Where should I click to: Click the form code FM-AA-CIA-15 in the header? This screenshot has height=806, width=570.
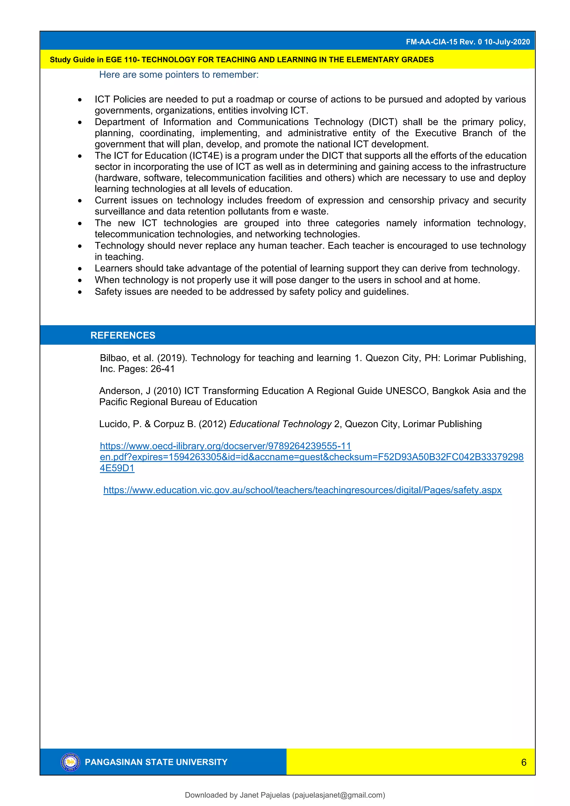pyautogui.click(x=431, y=42)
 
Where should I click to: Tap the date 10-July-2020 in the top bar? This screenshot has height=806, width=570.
pyautogui.click(x=507, y=42)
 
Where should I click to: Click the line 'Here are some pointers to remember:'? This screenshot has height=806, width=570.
pyautogui.click(x=179, y=75)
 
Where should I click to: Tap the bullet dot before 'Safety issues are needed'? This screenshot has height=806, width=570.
pyautogui.click(x=80, y=292)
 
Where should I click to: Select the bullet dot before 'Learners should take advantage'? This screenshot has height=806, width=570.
pyautogui.click(x=80, y=269)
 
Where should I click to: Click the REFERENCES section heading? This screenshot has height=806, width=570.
pyautogui.click(x=122, y=335)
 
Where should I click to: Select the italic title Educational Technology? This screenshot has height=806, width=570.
pyautogui.click(x=280, y=424)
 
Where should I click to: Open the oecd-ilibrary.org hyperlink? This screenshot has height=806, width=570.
pyautogui.click(x=225, y=446)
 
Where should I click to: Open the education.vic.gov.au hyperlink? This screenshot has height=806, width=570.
pyautogui.click(x=302, y=490)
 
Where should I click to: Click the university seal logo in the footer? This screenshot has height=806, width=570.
pyautogui.click(x=70, y=762)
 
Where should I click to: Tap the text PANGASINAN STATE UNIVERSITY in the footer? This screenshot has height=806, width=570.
pyautogui.click(x=156, y=762)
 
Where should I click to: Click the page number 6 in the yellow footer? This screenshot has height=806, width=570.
pyautogui.click(x=524, y=762)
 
